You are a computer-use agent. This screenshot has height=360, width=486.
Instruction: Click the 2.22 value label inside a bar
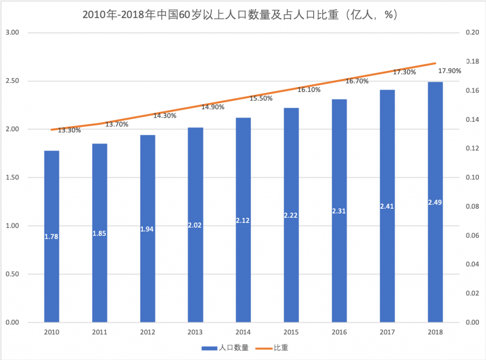click(291, 215)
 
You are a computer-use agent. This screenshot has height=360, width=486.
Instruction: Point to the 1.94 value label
click(148, 229)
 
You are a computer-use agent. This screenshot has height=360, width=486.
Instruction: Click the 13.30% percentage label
click(69, 130)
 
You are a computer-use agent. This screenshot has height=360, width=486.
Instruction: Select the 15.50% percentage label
click(261, 98)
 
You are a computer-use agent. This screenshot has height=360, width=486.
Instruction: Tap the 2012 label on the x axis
click(148, 332)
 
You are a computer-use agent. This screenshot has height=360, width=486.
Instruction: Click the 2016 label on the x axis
click(339, 332)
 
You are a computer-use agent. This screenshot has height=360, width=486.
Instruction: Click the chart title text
click(239, 15)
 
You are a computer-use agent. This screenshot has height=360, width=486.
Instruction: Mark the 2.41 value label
click(387, 206)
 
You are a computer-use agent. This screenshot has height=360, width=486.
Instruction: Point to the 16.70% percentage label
click(357, 81)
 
